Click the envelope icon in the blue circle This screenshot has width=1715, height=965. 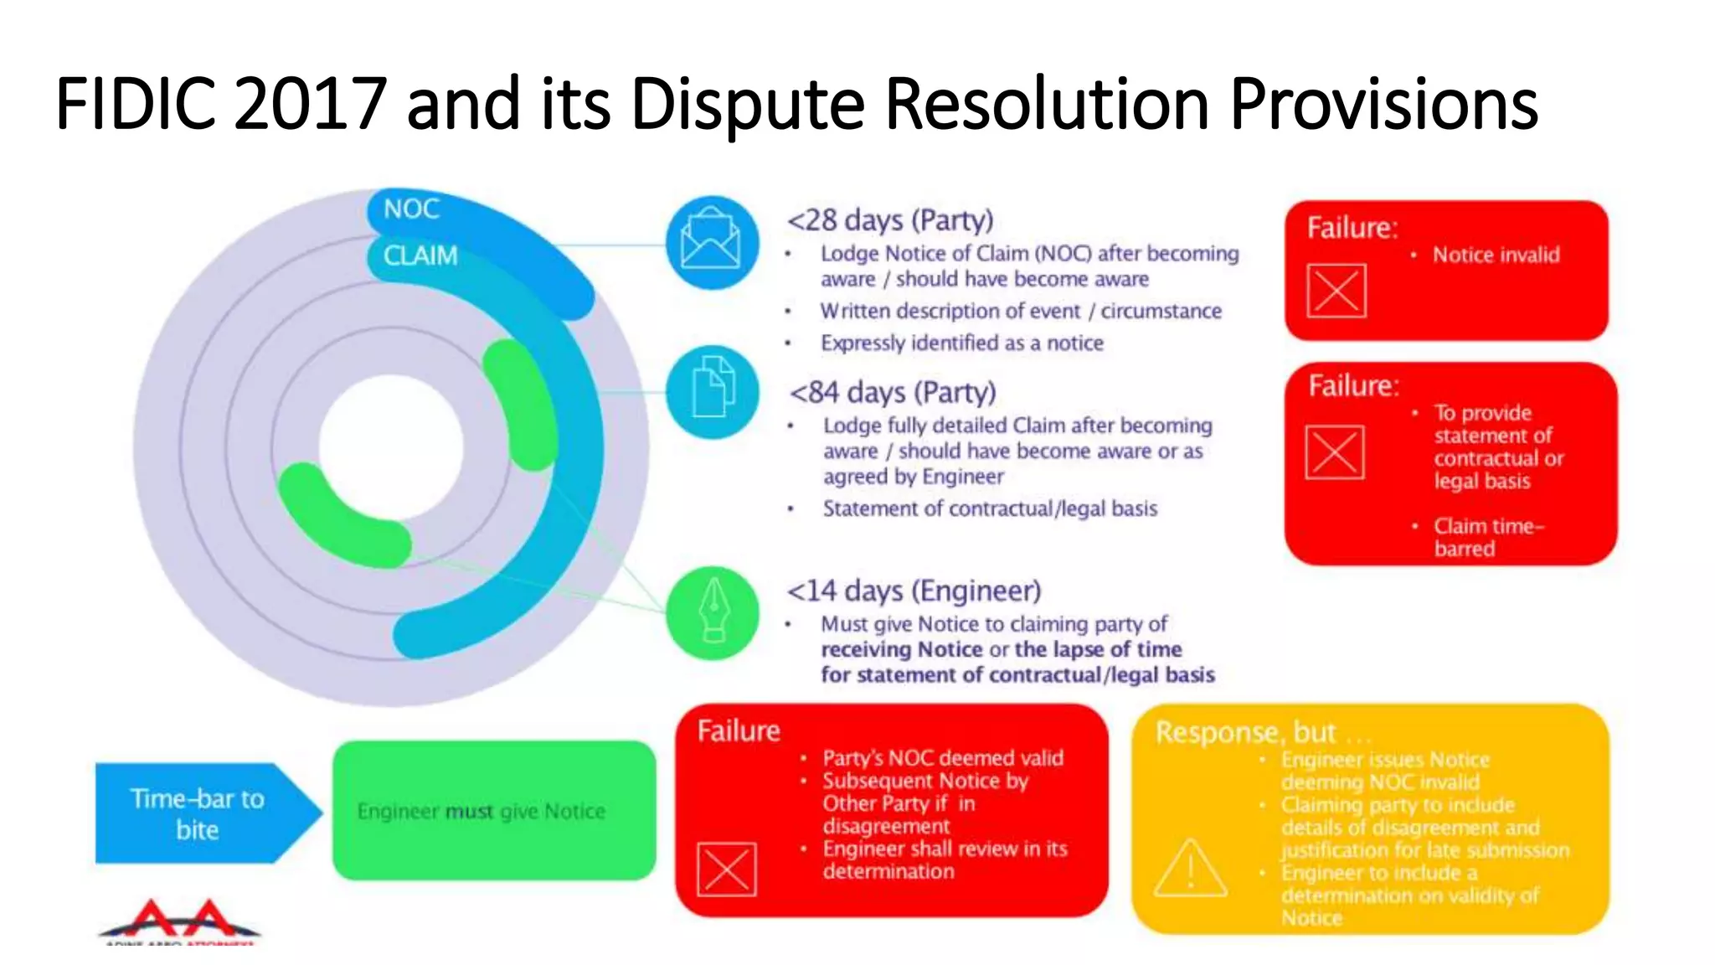coord(711,243)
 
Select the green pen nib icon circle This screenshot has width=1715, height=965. coord(713,613)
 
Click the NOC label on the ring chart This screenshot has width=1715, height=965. coord(411,209)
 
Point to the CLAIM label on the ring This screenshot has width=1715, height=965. coord(420,255)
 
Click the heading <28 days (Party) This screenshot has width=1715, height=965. coord(889,220)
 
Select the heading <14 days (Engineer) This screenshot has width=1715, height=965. coord(914,591)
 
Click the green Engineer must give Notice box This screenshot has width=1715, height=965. coord(493,811)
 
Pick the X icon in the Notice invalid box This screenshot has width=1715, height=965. coord(1336,291)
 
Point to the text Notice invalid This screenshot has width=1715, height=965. coord(1496,255)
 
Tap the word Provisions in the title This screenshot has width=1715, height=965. coord(1383,104)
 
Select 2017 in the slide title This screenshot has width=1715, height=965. coord(310,104)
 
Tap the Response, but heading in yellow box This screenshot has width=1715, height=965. coord(1245,732)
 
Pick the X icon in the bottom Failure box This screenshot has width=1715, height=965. coord(726,870)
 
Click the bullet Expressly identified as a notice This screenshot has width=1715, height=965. coord(961,343)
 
